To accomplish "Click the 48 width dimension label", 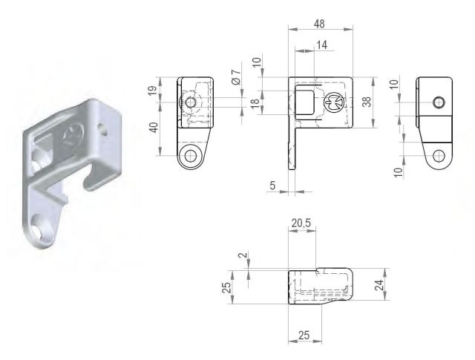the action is (319, 24).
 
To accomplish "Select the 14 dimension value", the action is (321, 45).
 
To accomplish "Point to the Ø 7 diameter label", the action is (236, 76).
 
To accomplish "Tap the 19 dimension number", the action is (153, 90).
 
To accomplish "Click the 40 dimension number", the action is (154, 128).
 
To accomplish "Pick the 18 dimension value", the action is (255, 102).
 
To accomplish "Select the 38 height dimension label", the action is (366, 102).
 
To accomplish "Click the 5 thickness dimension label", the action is (273, 185).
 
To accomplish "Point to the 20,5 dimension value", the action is (301, 223).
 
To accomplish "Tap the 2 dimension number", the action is (243, 255).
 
